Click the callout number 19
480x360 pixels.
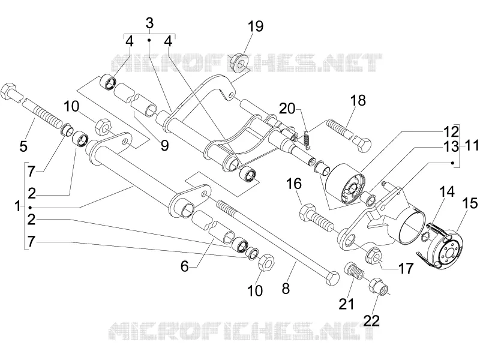coord(256,26)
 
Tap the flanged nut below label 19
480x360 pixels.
coord(239,63)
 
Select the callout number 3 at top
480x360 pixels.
coord(149,23)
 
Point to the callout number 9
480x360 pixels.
coord(164,145)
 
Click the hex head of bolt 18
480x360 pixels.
coord(362,143)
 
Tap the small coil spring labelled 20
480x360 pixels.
coord(307,139)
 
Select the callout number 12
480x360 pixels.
coord(451,131)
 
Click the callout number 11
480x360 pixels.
coord(471,146)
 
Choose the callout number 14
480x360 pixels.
coord(446,191)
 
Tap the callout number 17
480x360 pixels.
coord(406,268)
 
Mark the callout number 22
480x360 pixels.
coord(371,320)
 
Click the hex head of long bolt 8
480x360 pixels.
coord(332,278)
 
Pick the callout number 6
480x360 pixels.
coord(185,266)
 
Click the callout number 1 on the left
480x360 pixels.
coord(17,206)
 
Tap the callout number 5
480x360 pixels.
coord(23,146)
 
